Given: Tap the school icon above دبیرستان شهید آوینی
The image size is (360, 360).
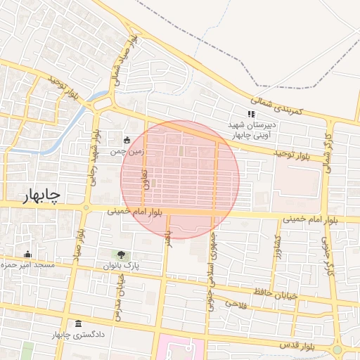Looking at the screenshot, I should (x=250, y=115).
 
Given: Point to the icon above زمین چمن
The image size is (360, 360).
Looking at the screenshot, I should (x=127, y=140).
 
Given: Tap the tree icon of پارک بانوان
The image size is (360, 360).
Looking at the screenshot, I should (x=123, y=255).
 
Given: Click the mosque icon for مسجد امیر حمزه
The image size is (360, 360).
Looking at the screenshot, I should (x=28, y=254).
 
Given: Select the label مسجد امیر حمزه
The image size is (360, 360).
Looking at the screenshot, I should (x=29, y=264).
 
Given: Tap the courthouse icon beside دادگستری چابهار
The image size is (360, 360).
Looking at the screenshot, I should (x=77, y=324).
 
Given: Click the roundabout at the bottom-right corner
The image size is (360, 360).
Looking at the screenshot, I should (x=337, y=349).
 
